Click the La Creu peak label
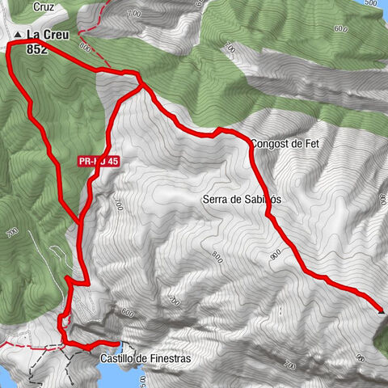47,36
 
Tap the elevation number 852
36,48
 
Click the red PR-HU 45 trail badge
99,162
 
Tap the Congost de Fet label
286,144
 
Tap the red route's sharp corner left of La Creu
9,47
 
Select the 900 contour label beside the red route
276,255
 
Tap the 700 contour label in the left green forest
11,233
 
